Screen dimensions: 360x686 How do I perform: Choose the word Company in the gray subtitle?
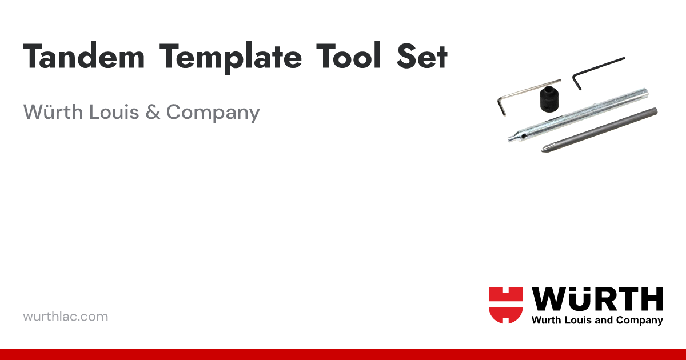[213, 113]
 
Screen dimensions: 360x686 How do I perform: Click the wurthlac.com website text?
[65, 316]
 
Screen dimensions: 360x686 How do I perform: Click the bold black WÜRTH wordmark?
[597, 299]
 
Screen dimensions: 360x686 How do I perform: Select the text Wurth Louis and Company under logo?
[597, 320]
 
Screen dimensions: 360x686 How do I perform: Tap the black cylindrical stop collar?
[548, 101]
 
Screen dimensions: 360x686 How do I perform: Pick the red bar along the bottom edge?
[343, 354]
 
